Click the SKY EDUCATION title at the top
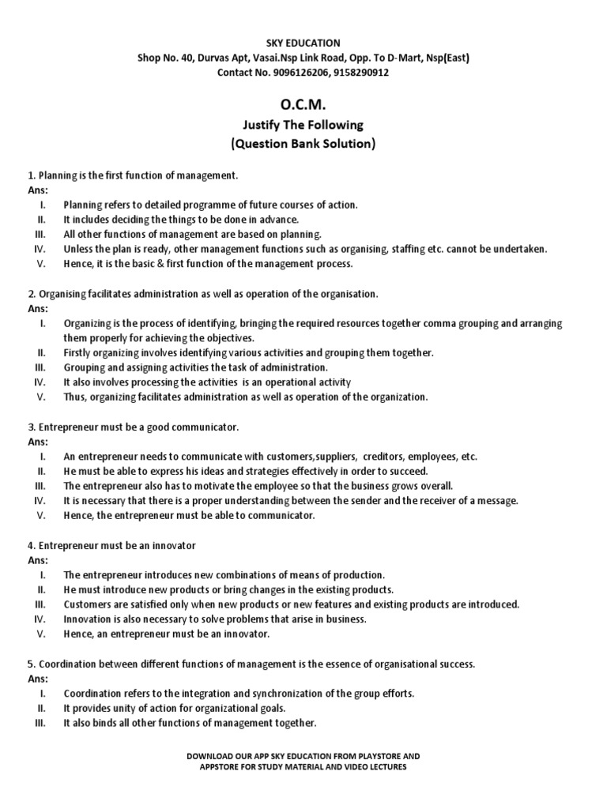click(303, 43)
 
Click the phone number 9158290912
click(363, 73)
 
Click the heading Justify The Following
click(303, 126)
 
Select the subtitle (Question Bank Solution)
click(303, 145)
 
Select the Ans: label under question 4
click(38, 560)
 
